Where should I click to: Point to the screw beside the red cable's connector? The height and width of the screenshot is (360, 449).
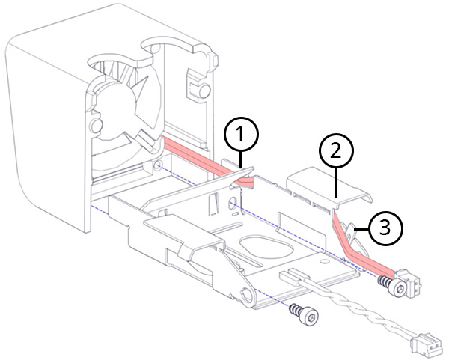click(x=386, y=284)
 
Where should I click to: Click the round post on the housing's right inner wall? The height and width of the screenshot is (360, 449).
click(x=203, y=91)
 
